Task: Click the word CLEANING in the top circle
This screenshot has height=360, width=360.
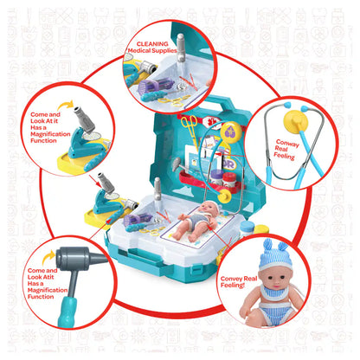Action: [152, 44]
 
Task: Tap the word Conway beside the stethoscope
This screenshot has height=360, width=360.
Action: [287, 143]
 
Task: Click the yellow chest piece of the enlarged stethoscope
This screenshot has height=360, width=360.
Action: [296, 121]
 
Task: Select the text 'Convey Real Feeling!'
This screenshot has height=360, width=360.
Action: [239, 282]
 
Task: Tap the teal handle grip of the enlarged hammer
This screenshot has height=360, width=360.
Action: [67, 312]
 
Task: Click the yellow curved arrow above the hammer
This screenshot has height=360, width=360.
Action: [48, 257]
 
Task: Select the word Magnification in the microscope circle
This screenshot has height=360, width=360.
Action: [50, 134]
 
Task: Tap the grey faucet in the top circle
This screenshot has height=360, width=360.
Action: [181, 48]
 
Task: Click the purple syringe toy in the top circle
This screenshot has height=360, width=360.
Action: [156, 86]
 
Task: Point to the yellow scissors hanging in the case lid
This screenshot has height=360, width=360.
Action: [189, 128]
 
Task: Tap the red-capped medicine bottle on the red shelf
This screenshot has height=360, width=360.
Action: [229, 179]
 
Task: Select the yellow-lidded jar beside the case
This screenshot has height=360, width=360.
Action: [261, 229]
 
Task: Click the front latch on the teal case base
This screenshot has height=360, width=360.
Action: [197, 272]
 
